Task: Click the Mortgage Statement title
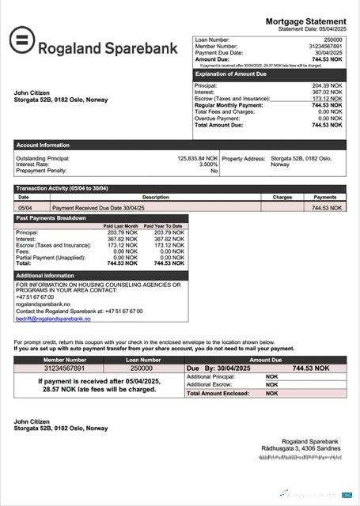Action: (x=305, y=21)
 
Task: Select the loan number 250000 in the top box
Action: (x=333, y=39)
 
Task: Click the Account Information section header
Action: (x=43, y=145)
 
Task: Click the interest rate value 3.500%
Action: (x=208, y=164)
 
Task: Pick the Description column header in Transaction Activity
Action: (x=155, y=198)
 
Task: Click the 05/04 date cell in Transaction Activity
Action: (x=25, y=208)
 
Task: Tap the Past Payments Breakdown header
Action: (x=51, y=218)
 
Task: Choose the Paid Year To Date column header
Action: (x=163, y=226)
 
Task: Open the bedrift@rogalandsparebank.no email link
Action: (x=53, y=319)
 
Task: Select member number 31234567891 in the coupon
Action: (x=65, y=368)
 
